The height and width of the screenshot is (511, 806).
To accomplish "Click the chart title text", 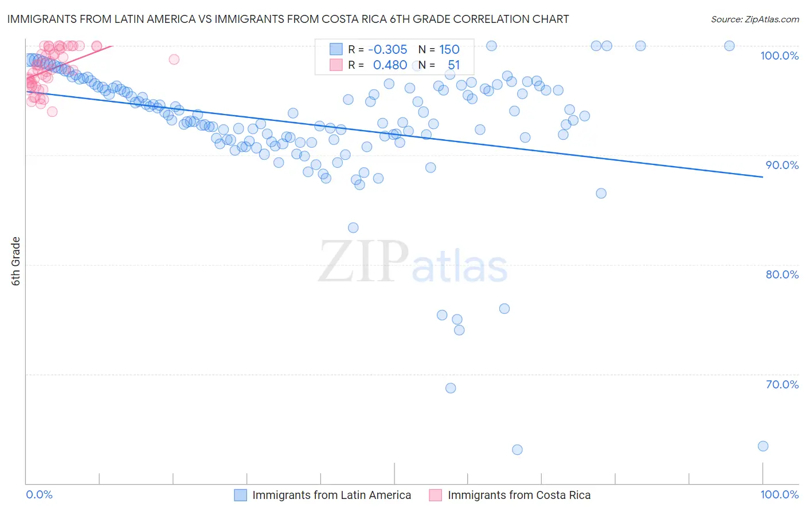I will click(288, 19).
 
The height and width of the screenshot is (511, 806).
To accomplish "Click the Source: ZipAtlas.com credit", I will click(754, 19).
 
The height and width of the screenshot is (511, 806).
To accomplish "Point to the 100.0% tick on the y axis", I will click(779, 56).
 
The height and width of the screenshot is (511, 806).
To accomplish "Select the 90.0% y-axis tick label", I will click(782, 165).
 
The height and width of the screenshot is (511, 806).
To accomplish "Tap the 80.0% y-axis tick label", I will click(782, 274).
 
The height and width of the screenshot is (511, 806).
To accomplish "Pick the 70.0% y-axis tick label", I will click(782, 384).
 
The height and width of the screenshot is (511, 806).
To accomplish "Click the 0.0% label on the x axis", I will click(39, 494).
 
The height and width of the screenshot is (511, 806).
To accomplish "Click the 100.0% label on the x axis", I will click(779, 494).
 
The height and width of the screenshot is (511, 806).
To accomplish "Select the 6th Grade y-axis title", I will click(16, 261).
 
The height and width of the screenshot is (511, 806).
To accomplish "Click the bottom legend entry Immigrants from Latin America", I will click(331, 495).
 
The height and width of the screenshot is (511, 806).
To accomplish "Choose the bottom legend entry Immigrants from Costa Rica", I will click(519, 495).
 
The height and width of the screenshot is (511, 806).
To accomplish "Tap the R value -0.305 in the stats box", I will click(388, 49).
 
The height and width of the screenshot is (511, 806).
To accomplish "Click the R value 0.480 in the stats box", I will click(390, 65).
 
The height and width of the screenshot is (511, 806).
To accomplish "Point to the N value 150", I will click(449, 49).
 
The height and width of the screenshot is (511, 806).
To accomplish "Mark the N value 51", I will click(453, 65).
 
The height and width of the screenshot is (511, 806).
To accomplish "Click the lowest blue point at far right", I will click(762, 446).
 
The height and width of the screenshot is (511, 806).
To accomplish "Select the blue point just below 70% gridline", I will click(451, 388).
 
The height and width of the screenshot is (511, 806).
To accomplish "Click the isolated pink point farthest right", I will click(174, 59).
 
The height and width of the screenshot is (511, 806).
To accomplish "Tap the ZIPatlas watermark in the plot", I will click(413, 262).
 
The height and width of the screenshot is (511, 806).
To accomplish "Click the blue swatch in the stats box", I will click(336, 49).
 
